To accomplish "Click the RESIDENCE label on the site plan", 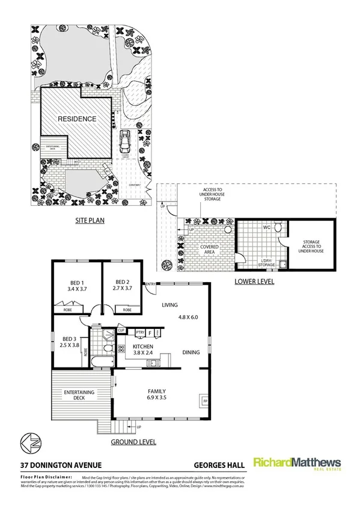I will coord(77,119).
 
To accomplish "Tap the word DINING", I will coord(191,352).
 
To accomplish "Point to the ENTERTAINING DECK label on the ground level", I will coord(80,395).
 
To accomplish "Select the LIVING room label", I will coord(171,305).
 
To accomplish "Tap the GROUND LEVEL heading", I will coord(133,441).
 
